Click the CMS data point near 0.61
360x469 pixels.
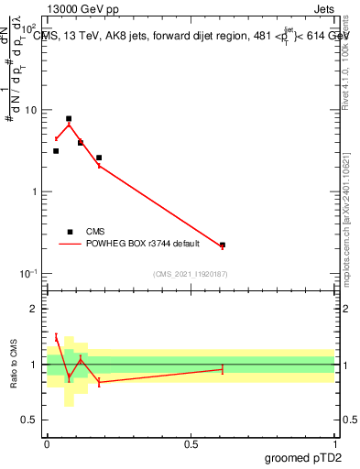point(223,245)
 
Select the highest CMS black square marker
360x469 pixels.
point(69,119)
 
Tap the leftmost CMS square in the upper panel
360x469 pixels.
point(56,151)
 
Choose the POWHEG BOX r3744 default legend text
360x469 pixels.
point(138,244)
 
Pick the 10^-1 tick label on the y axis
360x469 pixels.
point(30,274)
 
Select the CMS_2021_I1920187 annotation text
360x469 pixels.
point(191,274)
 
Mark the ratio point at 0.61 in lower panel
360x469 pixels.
point(223,369)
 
